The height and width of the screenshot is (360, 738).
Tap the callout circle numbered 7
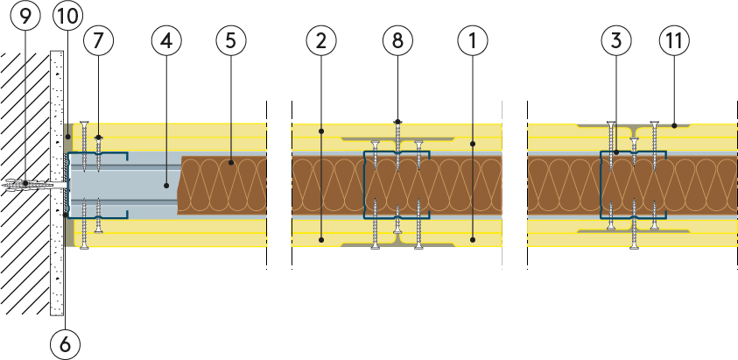tap(99, 39)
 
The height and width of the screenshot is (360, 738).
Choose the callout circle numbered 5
tap(232, 39)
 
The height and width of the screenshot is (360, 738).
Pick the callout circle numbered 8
tap(397, 39)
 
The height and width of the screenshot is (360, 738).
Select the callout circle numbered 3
tap(616, 39)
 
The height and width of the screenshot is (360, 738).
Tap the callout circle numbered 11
tap(675, 39)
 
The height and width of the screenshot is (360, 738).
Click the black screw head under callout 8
tap(397, 122)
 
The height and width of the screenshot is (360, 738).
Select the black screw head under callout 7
tap(99, 138)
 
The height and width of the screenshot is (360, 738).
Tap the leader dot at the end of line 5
tap(232, 162)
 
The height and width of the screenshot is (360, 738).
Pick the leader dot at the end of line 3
tap(616, 152)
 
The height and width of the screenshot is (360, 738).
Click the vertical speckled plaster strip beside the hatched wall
tap(58, 245)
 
